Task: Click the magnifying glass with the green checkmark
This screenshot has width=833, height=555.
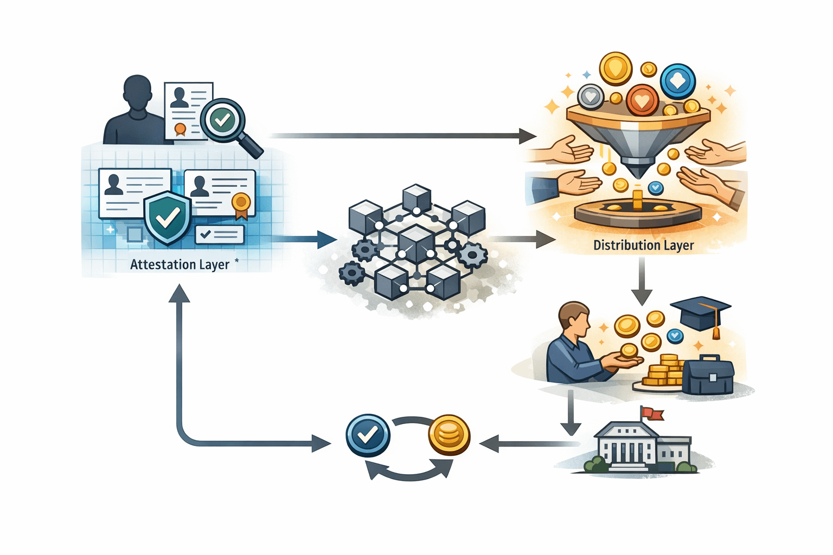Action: click(223, 120)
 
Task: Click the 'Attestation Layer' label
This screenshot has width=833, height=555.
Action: click(180, 264)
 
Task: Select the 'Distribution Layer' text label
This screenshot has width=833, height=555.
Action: click(643, 246)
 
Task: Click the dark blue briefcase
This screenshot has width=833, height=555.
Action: click(708, 375)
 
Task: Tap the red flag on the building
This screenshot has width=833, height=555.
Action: click(652, 414)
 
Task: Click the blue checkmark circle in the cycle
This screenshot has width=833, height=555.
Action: click(368, 435)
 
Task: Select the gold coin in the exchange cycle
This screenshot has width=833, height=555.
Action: click(449, 435)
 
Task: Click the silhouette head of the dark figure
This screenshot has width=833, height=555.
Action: click(137, 93)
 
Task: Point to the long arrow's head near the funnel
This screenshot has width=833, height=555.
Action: click(527, 135)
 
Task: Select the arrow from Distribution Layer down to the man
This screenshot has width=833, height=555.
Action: click(642, 282)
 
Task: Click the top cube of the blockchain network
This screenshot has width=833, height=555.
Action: click(416, 198)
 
